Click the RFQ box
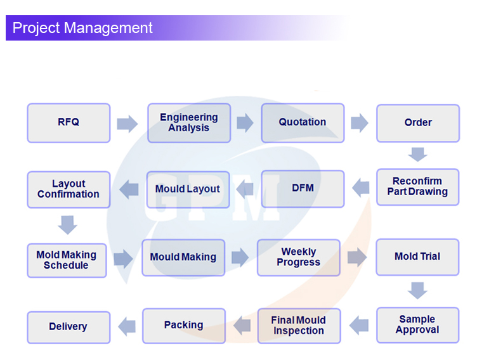tap(69, 123)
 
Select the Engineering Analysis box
tap(189, 123)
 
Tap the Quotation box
tap(303, 123)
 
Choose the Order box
tap(418, 123)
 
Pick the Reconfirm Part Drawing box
tap(418, 187)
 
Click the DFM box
tap(303, 188)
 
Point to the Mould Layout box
tap(188, 190)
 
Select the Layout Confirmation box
tap(69, 190)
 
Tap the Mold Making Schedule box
tap(67, 260)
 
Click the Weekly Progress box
tap(298, 257)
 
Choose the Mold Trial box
tap(417, 257)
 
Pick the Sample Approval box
tap(417, 325)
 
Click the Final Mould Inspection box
tap(299, 326)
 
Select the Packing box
tap(184, 326)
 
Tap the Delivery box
tap(69, 327)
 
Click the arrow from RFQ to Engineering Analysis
tap(127, 124)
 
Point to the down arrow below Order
tap(417, 154)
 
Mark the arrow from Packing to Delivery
tap(127, 326)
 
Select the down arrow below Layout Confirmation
tap(67, 225)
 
